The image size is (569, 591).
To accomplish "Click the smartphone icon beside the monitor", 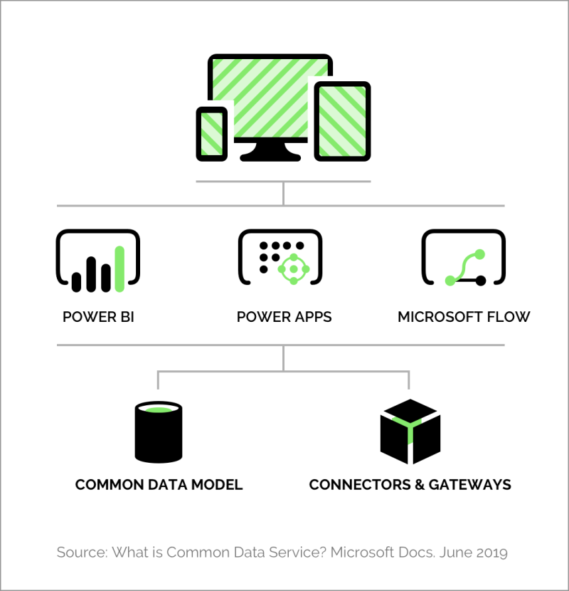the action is point(212,134).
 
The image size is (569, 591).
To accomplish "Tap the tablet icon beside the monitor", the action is point(342,121).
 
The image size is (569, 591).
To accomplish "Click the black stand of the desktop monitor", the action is point(270,151).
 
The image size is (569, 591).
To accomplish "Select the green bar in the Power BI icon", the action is point(119,268).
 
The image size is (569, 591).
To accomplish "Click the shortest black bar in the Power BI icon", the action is point(76,282).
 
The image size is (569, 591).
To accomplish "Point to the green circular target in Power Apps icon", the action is point(294,269).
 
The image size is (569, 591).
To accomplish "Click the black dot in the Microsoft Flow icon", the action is point(481,281).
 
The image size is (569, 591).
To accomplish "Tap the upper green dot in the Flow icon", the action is point(480,254).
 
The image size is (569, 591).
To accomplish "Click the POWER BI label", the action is point(98,317).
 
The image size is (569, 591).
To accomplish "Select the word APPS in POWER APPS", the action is point(314,317).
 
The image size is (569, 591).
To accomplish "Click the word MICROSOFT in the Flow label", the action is point(440,317).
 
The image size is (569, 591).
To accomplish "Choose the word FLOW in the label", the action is point(509,317).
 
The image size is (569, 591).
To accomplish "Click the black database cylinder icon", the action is point(159,432).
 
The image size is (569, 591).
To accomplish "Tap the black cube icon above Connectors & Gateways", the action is point(410,432).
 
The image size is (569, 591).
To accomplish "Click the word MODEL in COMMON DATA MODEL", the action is point(217,485).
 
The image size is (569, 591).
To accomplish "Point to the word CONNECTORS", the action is point(360,485).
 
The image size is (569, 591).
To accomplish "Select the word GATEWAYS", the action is point(470,485).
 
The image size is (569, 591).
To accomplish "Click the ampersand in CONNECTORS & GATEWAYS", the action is point(420,485).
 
